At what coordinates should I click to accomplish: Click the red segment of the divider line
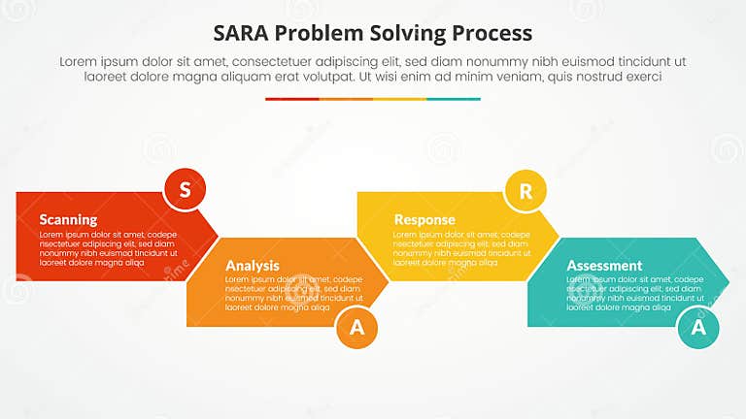(291, 99)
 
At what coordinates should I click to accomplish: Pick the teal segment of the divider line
(454, 99)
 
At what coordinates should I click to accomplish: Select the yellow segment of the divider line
(399, 99)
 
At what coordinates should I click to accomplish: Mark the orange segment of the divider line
(346, 99)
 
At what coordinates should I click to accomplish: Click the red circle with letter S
(185, 189)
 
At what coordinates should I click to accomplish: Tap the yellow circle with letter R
(526, 191)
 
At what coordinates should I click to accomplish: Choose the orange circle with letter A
(356, 328)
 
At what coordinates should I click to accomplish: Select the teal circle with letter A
(697, 328)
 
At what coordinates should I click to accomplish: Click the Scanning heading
(68, 219)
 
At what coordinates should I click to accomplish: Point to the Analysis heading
(253, 265)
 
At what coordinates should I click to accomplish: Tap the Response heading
(424, 219)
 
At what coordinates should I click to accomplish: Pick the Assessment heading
(604, 265)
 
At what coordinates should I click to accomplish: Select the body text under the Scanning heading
(108, 248)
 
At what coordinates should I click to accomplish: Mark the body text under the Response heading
(461, 248)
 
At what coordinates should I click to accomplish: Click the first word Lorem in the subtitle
(79, 60)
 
